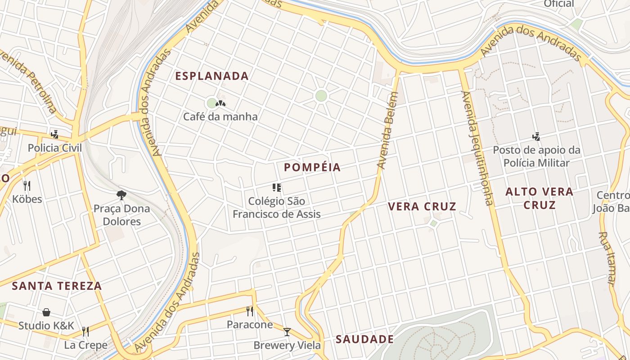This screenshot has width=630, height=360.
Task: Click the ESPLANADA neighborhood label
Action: (211, 76)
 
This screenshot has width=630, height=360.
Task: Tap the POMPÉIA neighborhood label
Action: (312, 167)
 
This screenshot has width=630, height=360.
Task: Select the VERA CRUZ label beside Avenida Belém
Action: (422, 207)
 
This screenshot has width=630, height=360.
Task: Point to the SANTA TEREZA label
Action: (57, 286)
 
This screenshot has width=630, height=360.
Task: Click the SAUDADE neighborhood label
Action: (364, 339)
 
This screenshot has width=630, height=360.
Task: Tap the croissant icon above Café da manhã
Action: (220, 103)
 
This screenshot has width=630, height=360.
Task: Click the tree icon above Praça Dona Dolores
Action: (121, 195)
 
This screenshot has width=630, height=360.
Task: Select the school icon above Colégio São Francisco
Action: (277, 187)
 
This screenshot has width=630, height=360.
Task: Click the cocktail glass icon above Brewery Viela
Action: (287, 332)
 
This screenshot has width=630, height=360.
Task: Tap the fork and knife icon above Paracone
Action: (250, 311)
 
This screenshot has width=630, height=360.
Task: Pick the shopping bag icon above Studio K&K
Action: (46, 312)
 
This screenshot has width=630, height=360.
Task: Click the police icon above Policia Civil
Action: (55, 134)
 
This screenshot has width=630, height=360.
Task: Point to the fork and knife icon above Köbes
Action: (27, 185)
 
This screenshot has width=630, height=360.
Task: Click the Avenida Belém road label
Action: (387, 130)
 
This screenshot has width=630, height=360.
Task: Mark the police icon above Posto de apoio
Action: (536, 136)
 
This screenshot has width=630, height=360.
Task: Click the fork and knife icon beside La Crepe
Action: (85, 332)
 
